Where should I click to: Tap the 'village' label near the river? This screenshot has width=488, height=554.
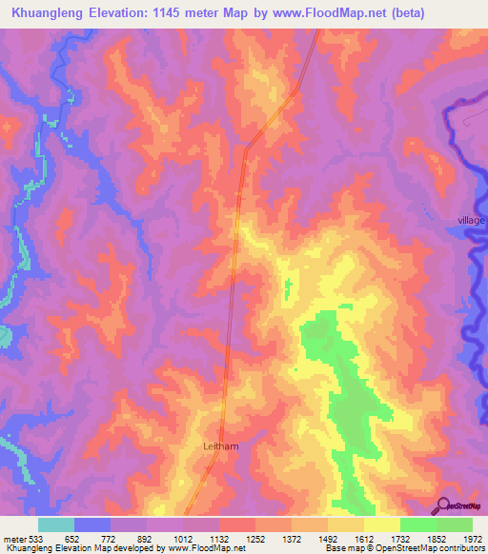point(471,220)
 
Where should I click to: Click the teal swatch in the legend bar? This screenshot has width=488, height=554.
point(56,524)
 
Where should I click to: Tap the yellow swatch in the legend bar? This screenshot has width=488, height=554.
point(381,524)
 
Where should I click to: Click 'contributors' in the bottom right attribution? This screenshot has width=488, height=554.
point(460,547)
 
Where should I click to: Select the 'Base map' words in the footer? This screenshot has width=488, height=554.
point(343,547)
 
